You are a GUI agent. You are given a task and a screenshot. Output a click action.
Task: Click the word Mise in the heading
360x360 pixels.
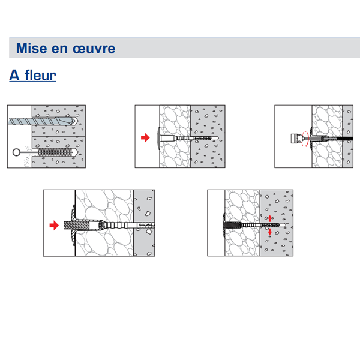pyautogui.click(x=29, y=48)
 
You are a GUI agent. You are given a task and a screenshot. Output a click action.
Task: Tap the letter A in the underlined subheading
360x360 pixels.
pyautogui.click(x=15, y=76)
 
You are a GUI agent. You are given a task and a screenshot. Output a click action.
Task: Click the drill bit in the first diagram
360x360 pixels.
pyautogui.click(x=42, y=121)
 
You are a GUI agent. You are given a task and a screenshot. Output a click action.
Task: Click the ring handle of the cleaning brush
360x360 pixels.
pyautogui.click(x=16, y=153)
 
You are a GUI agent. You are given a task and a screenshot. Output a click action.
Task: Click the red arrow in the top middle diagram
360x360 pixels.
pyautogui.click(x=145, y=137)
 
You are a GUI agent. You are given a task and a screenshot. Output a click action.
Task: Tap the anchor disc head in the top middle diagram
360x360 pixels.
pyautogui.click(x=157, y=137)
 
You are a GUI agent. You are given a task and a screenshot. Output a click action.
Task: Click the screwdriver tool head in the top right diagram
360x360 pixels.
pyautogui.click(x=294, y=139)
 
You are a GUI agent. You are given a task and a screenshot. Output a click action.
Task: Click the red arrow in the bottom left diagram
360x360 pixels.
pyautogui.click(x=54, y=226)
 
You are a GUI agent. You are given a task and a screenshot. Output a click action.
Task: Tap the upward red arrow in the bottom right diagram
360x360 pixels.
pyautogui.click(x=270, y=218)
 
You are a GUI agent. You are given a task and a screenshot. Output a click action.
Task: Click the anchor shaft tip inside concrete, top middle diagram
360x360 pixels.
pyautogui.click(x=210, y=137)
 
